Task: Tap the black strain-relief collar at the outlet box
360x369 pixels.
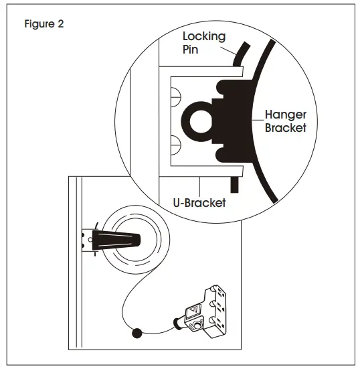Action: coord(179,323)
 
